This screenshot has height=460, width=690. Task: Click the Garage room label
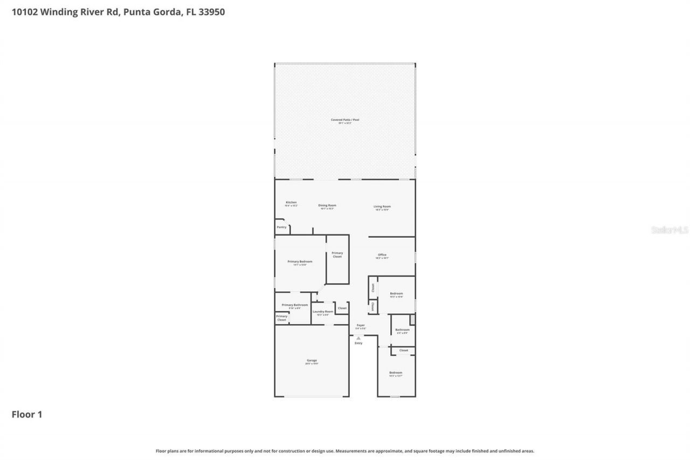(312, 361)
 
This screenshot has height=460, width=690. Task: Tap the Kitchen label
(291, 203)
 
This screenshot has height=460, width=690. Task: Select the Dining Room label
(327, 205)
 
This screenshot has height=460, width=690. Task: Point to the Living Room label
(382, 207)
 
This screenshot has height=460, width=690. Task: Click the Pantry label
(282, 227)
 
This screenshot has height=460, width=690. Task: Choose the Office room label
(382, 255)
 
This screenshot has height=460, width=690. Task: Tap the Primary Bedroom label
(300, 262)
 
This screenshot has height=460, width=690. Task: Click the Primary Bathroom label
(295, 305)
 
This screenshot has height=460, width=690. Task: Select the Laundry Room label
(323, 312)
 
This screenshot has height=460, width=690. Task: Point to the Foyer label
(361, 325)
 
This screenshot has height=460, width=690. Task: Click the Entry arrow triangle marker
(358, 338)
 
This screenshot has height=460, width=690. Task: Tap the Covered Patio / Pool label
(345, 120)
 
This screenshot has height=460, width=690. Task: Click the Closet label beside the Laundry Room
(342, 308)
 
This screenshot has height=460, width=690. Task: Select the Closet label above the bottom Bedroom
(403, 351)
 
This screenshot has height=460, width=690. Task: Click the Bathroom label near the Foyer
(402, 330)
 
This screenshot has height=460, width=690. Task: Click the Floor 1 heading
(27, 414)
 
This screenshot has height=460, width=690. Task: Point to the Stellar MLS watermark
(670, 230)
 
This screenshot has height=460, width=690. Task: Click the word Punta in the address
(137, 12)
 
